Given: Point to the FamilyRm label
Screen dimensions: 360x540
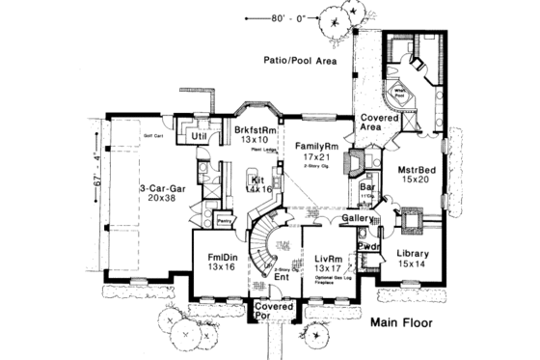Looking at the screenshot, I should (315, 147).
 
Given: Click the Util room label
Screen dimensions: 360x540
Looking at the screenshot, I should (201, 137).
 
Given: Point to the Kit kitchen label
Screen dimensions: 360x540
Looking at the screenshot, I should (257, 180).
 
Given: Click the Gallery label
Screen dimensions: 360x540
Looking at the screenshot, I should (357, 219).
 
